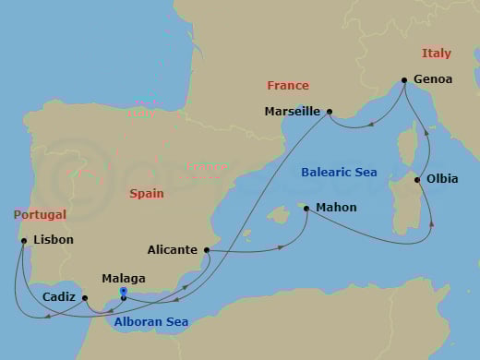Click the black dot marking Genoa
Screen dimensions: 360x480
(404, 79)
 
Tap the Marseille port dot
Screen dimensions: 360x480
(329, 112)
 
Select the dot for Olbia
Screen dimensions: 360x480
(417, 179)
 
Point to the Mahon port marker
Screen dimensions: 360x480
(306, 209)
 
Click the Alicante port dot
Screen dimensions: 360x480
(207, 249)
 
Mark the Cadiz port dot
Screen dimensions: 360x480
(84, 298)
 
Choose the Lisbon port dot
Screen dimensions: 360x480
(22, 241)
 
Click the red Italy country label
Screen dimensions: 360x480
(437, 54)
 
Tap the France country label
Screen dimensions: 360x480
(287, 85)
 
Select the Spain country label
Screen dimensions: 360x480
(146, 194)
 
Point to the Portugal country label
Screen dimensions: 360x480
(40, 214)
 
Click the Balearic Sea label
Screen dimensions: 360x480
(338, 172)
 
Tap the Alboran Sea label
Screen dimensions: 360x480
(150, 322)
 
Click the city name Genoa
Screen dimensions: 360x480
(434, 79)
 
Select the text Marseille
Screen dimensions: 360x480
(292, 112)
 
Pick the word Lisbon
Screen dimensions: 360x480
(53, 241)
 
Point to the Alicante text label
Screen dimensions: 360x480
(172, 249)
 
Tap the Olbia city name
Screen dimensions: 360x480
(441, 179)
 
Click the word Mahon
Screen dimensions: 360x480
(336, 209)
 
